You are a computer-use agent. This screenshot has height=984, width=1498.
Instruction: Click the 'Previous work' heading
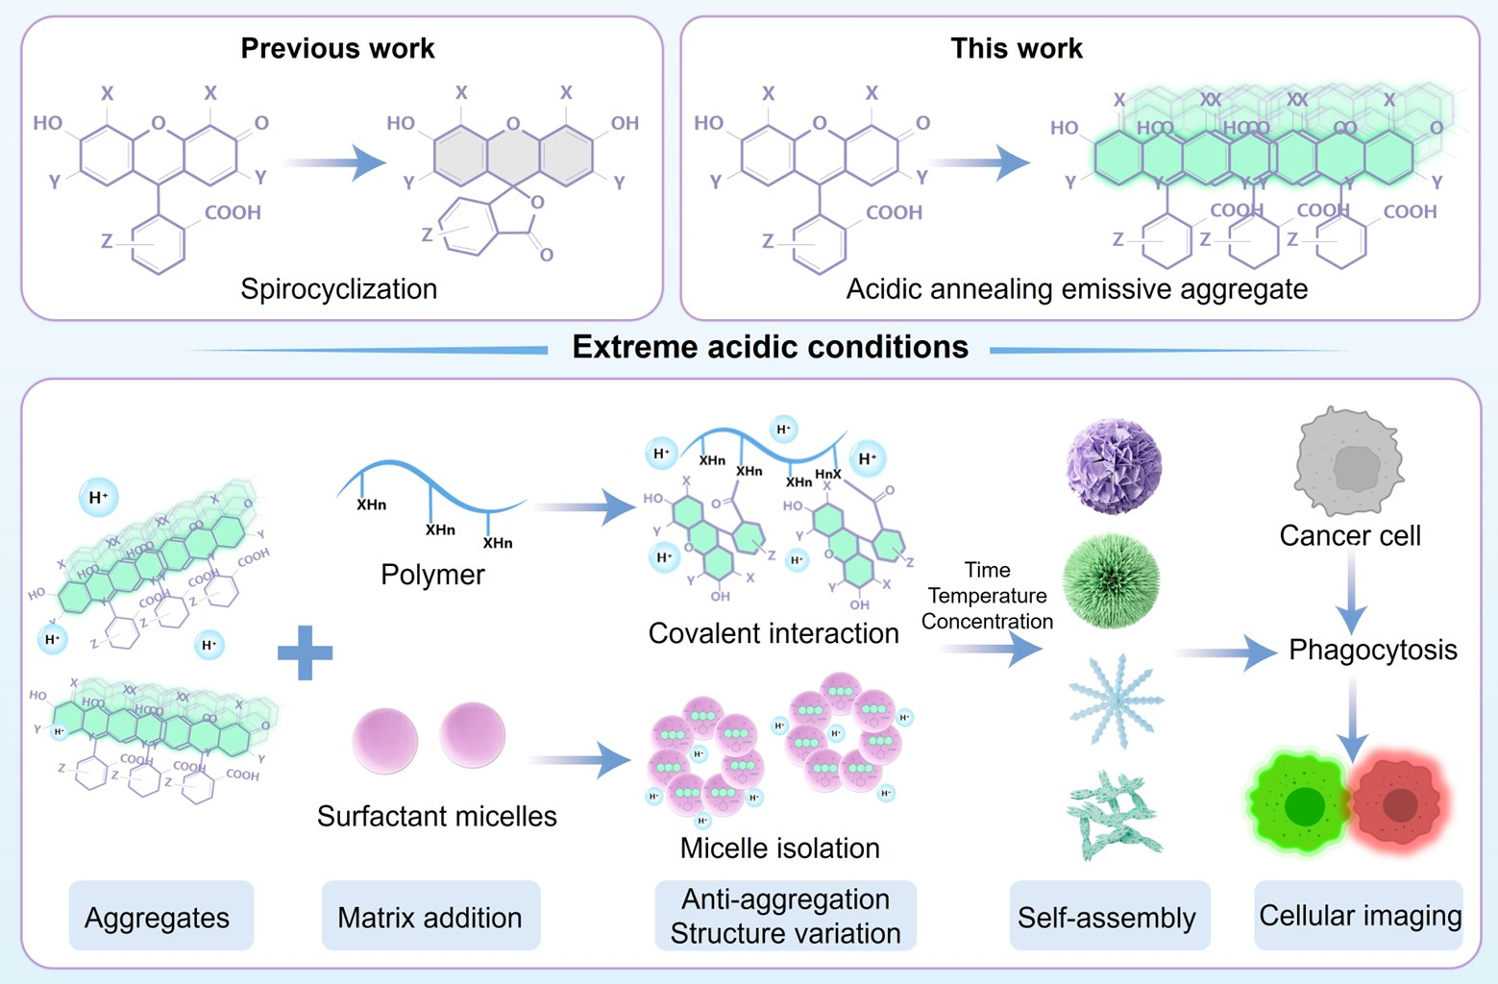(x=337, y=48)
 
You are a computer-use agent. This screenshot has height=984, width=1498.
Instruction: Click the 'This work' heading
(x=1016, y=48)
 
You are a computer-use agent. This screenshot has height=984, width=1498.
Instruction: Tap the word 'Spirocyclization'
(x=338, y=288)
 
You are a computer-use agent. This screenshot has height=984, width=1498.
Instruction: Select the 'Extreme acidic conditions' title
(x=770, y=347)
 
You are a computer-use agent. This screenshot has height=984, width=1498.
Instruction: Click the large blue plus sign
(x=306, y=652)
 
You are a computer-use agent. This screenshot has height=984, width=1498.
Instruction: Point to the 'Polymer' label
(x=432, y=575)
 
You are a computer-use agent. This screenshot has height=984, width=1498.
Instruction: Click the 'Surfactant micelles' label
(x=437, y=816)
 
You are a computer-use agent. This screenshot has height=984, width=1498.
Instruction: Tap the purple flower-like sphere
(x=1114, y=466)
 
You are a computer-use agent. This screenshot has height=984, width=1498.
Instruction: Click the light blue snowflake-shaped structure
(x=1115, y=701)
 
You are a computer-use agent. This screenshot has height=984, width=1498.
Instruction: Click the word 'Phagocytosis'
(x=1372, y=650)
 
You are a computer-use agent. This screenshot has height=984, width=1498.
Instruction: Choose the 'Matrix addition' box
(x=430, y=917)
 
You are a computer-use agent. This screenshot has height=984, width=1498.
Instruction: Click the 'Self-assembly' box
(x=1107, y=917)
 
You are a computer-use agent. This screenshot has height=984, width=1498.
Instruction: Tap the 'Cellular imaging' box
(x=1359, y=916)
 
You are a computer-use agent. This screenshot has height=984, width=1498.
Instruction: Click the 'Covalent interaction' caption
(x=774, y=633)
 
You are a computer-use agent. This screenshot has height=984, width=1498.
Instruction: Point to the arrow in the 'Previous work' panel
(x=336, y=162)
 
